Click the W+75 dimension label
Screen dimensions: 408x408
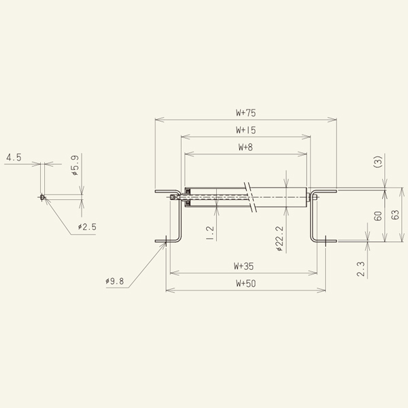pos(245,113)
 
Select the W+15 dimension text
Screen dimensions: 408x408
pos(245,129)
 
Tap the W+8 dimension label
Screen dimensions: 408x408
pos(245,147)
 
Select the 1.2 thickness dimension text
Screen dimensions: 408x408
pos(209,233)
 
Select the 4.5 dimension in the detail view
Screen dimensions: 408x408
pos(14,158)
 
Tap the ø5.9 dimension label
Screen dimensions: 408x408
pos(75,166)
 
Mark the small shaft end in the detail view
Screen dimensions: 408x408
pos(42,198)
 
